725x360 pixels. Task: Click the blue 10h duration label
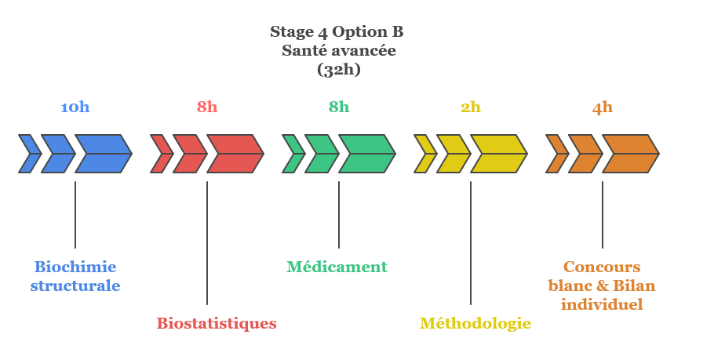coord(75,107)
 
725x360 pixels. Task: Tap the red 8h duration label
coord(207,107)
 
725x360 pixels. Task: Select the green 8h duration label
coord(339,107)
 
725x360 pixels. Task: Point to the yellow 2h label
coord(471,107)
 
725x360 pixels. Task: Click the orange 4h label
coord(603,107)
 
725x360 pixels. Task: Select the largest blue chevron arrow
coord(103,154)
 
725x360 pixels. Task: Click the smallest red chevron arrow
coord(161,154)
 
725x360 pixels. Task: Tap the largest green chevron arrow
coord(366,154)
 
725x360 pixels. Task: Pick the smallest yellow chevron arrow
coord(424,154)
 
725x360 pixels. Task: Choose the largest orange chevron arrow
coord(630,154)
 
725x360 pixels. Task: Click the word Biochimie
coord(75,267)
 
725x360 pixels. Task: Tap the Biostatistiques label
coord(217,323)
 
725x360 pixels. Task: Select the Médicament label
coord(337,267)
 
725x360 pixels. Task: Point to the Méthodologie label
coord(475,323)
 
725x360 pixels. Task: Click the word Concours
coord(602,267)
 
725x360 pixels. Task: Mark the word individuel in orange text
coord(602,304)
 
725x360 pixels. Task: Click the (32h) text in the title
coord(338,69)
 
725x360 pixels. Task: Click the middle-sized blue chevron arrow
coord(58,154)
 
